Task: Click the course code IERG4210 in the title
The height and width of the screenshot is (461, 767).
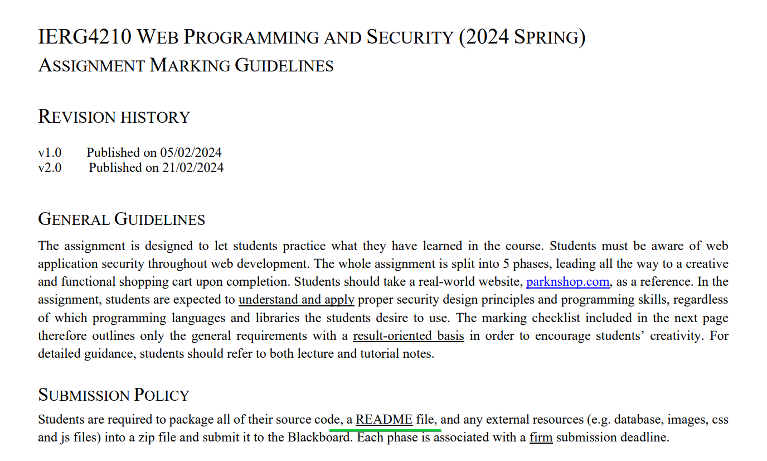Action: [x=84, y=37]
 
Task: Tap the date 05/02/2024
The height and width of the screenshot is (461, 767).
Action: [x=191, y=152]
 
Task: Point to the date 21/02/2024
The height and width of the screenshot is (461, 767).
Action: [x=193, y=167]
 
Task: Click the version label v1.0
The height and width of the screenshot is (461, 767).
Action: [x=50, y=152]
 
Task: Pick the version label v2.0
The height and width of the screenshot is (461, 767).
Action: [x=50, y=167]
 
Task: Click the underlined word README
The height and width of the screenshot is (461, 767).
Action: [x=384, y=419]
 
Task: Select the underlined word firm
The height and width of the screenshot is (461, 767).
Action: [x=541, y=437]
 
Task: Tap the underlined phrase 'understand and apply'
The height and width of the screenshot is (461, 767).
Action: [x=296, y=300]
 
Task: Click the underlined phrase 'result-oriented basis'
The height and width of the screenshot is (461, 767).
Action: [x=408, y=336]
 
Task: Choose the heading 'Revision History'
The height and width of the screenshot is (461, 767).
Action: [x=114, y=117]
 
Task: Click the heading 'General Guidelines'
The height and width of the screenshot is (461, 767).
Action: [x=122, y=219]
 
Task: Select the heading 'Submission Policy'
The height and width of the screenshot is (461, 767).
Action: [x=114, y=395]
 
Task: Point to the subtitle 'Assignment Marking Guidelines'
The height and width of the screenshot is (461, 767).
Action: [x=186, y=66]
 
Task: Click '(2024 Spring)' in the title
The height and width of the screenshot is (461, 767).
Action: [x=522, y=37]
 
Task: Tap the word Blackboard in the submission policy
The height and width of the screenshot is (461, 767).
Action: [x=319, y=437]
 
